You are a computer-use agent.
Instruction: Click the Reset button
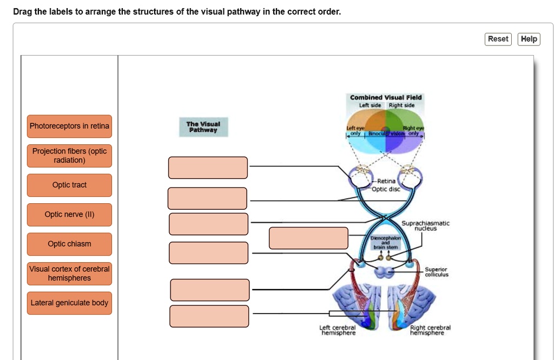coord(498,39)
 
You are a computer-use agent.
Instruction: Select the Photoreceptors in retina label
coord(69,126)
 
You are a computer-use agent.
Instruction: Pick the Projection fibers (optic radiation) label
coord(69,156)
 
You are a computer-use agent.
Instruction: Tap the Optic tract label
coord(69,185)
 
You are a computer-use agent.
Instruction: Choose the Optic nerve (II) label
coord(69,215)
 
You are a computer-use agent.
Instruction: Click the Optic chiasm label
coord(69,244)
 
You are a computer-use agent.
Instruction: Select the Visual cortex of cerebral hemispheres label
coord(69,274)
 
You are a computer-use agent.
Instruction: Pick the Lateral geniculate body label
coord(69,303)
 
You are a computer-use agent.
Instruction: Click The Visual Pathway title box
coord(203,126)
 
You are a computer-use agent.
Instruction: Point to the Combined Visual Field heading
coord(386,97)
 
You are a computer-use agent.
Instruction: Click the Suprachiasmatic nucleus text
coord(425,225)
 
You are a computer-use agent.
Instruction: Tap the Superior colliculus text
coord(436,271)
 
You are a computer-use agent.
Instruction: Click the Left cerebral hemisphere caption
coord(338,330)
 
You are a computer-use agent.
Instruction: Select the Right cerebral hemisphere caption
coord(430,330)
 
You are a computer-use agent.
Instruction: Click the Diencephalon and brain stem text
coord(385,243)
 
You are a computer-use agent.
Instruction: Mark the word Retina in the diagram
coord(386,181)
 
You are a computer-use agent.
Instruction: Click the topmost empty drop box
coord(208,168)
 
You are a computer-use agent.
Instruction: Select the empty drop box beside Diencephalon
coord(308,238)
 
